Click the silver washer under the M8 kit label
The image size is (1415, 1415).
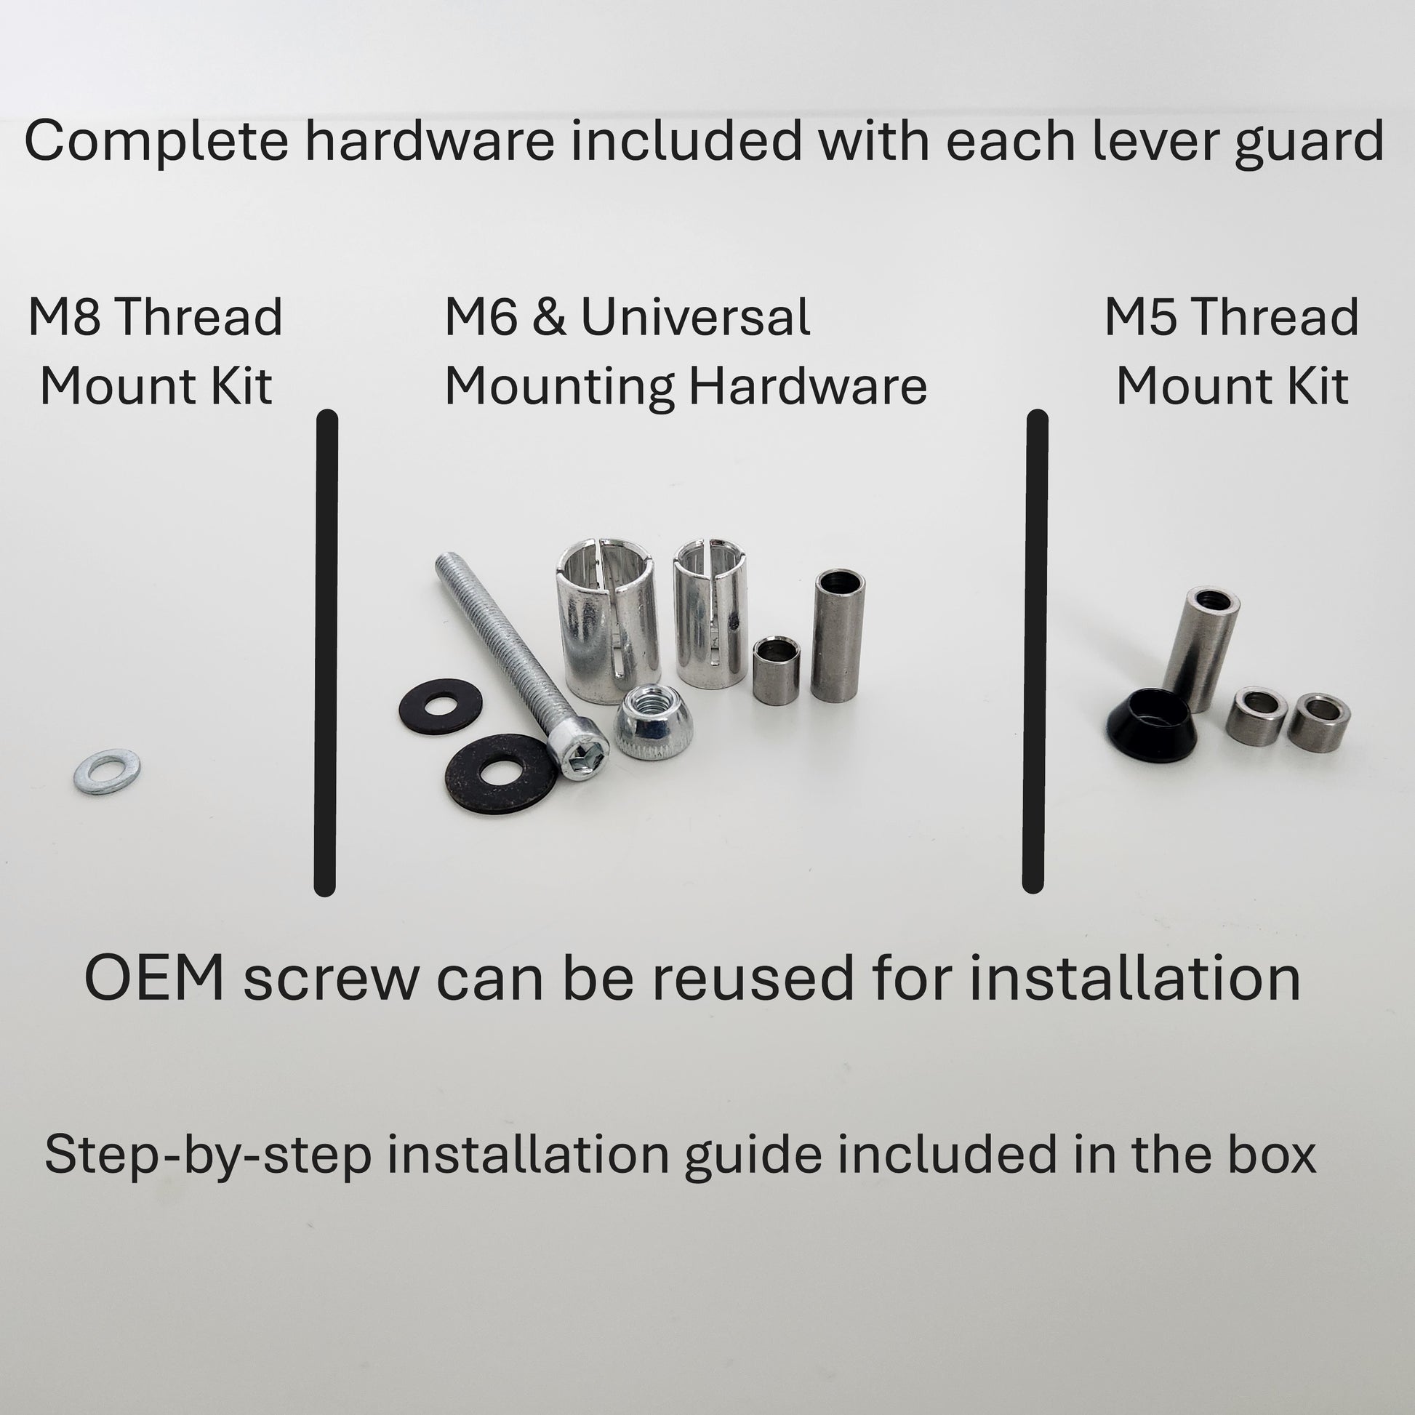point(107,771)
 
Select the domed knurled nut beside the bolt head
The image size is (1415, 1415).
point(645,721)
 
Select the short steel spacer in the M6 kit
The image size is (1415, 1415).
point(777,670)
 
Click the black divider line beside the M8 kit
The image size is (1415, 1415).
point(326,652)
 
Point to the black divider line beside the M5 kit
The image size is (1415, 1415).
point(1035,652)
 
